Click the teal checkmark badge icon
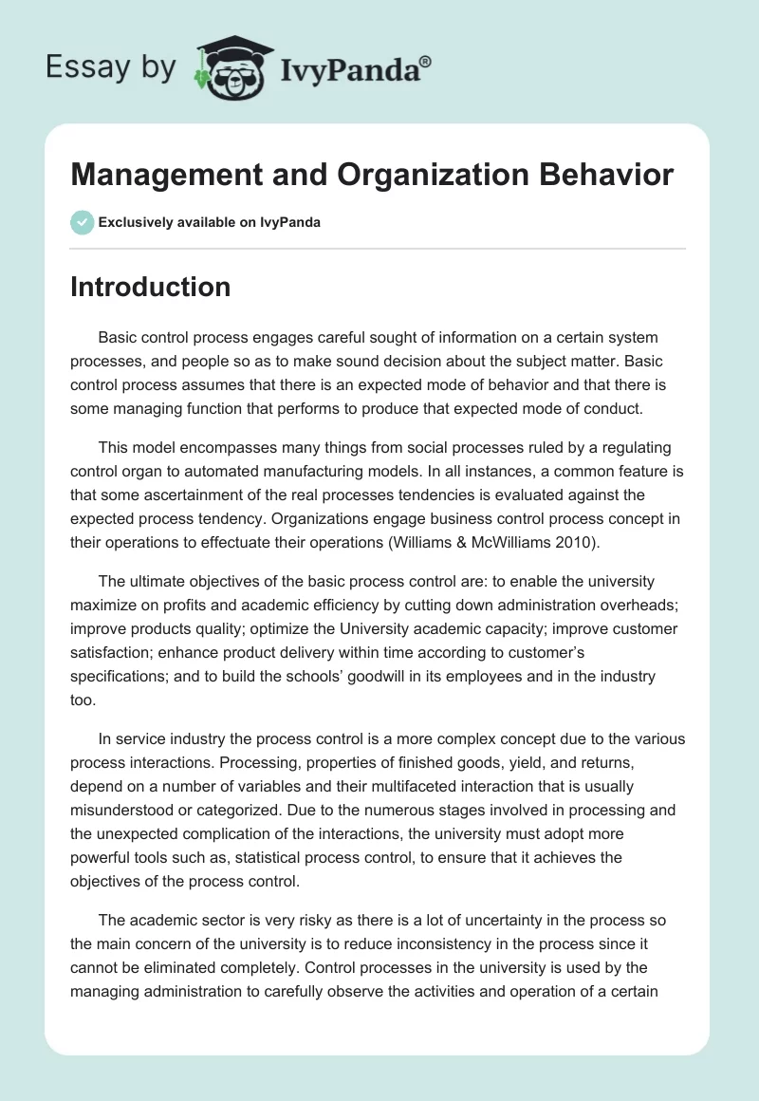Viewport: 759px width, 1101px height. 82,222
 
